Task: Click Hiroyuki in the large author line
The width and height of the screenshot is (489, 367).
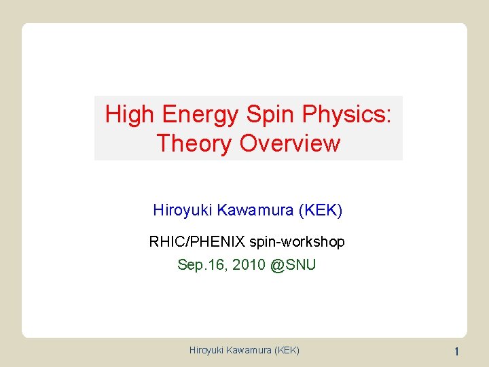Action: pyautogui.click(x=182, y=210)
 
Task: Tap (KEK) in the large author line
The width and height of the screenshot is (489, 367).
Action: pyautogui.click(x=321, y=210)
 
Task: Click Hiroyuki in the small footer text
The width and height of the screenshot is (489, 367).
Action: pyautogui.click(x=208, y=351)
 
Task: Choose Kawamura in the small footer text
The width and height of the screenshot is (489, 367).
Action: pyautogui.click(x=251, y=351)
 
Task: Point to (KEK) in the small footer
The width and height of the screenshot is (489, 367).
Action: pyautogui.click(x=288, y=351)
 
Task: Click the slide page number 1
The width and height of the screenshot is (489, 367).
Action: pyautogui.click(x=456, y=351)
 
